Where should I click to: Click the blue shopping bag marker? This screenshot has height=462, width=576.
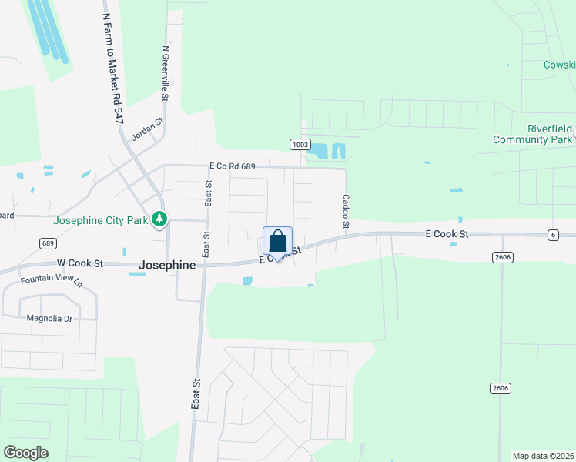pos(278,241)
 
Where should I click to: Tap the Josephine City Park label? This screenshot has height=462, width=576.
pos(100,220)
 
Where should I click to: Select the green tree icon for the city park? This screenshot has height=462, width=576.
pos(159,220)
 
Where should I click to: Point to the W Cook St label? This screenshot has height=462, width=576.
pos(78,263)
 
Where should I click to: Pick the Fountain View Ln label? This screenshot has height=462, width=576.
pos(51,280)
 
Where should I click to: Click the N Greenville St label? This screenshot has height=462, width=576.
pos(166,73)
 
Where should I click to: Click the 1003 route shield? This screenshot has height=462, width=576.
pos(300,144)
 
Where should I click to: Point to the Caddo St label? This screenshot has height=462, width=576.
pos(346,211)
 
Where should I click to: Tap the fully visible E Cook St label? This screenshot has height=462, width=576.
pos(447,233)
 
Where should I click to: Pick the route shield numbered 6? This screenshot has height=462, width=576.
pos(553,235)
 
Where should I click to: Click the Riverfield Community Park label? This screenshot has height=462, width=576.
pos(533,134)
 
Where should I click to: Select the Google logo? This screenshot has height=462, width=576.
pos(25,453)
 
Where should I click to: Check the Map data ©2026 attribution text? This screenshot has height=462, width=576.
pos(543,456)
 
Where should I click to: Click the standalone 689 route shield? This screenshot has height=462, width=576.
pos(48,243)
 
